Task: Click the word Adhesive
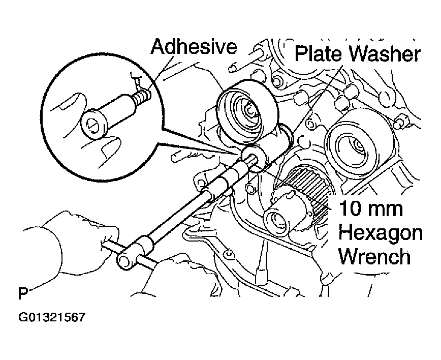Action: click(x=194, y=46)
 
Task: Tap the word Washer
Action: click(x=385, y=54)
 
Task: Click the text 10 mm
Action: click(x=371, y=208)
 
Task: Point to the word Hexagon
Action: click(x=381, y=233)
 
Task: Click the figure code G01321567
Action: click(x=52, y=317)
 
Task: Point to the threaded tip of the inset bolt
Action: click(x=142, y=96)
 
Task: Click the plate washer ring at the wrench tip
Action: click(x=254, y=158)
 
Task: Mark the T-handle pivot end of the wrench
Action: click(x=124, y=260)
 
